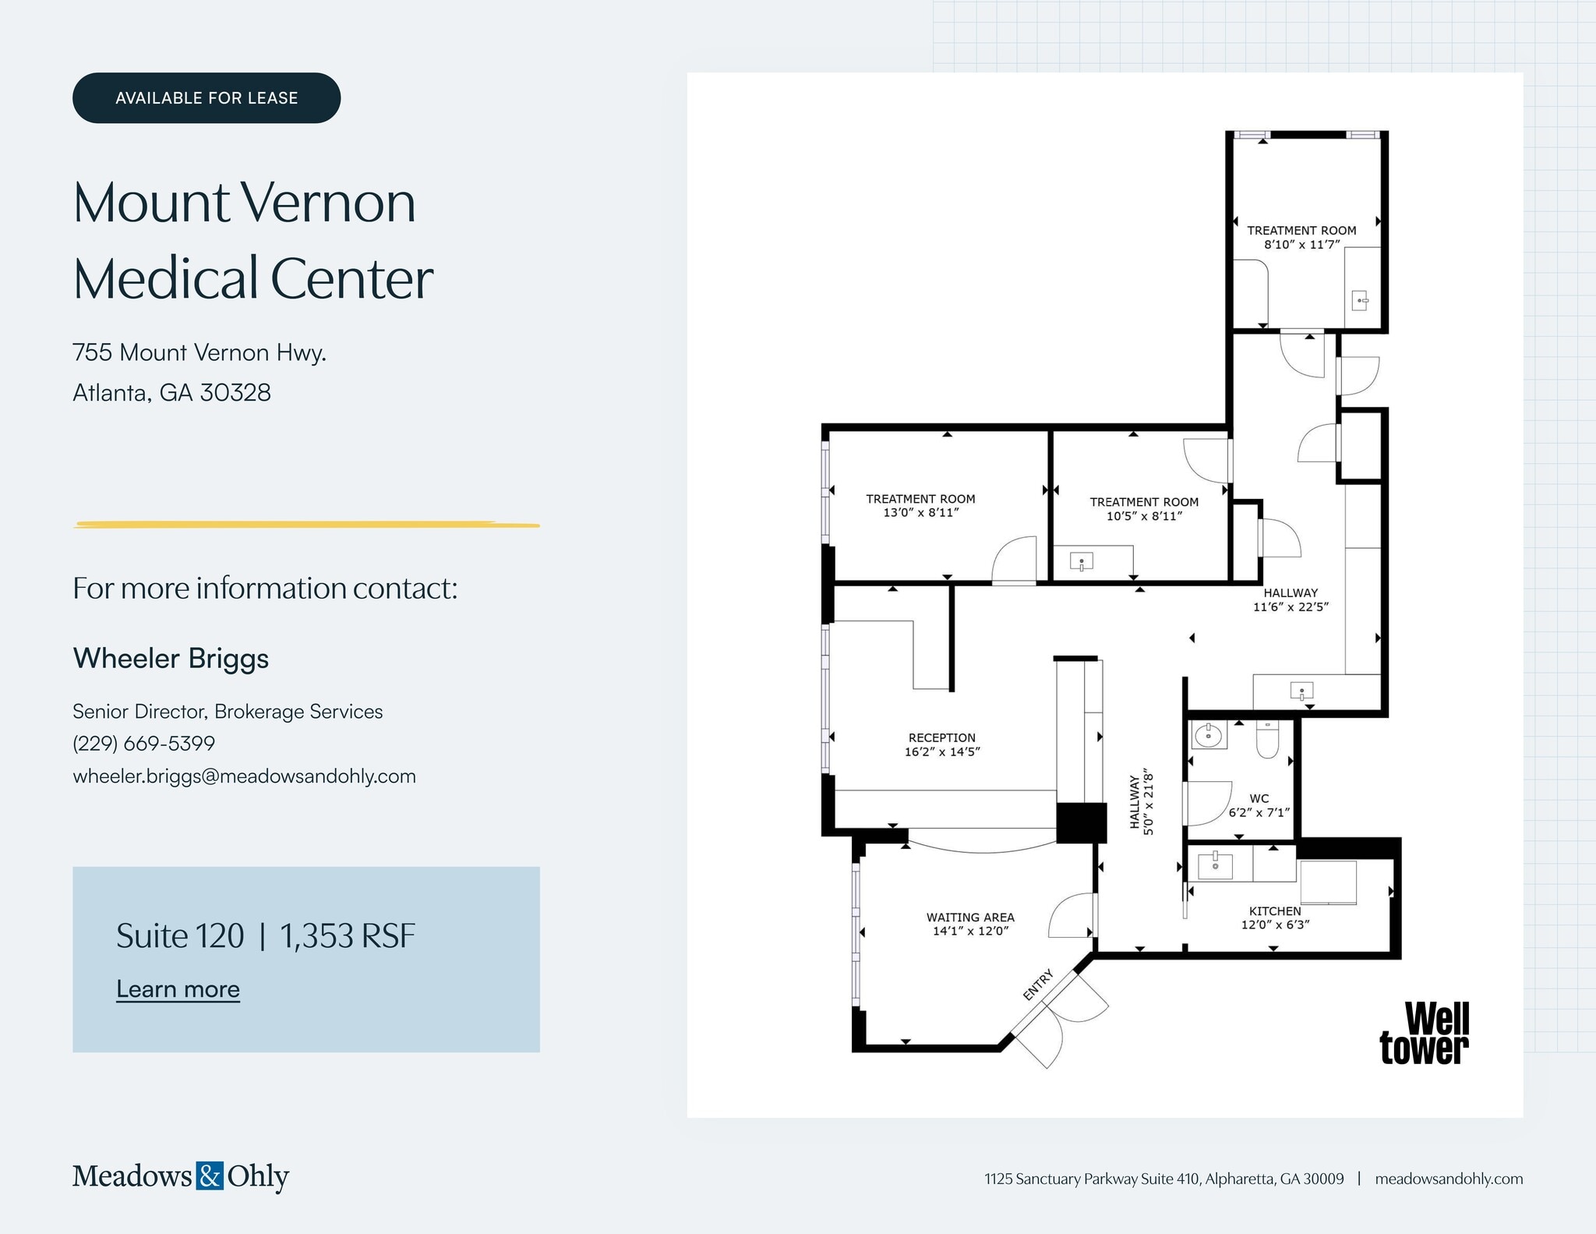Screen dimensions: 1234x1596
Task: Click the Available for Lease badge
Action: [x=207, y=98]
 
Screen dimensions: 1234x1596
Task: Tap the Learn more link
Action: [x=178, y=988]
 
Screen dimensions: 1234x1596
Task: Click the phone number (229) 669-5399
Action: [x=143, y=743]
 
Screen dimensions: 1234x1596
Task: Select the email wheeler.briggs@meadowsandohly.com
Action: [x=244, y=776]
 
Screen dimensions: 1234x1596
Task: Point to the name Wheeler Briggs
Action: [x=171, y=658]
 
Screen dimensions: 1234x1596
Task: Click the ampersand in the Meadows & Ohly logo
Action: [x=210, y=1175]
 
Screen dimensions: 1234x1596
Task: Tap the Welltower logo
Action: [x=1425, y=1034]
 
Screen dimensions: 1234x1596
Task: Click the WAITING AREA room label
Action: [x=970, y=918]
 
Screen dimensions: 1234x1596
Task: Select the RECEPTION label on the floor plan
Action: [x=941, y=737]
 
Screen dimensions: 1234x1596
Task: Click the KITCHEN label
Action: [x=1275, y=910]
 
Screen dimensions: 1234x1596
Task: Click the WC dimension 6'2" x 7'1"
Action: [x=1259, y=812]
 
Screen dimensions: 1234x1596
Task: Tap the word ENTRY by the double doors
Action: [x=1038, y=985]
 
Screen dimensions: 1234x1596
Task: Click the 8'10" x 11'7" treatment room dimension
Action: [x=1301, y=244]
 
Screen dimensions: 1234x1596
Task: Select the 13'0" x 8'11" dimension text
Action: [x=920, y=512]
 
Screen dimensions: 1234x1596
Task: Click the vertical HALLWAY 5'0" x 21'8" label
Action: [x=1142, y=802]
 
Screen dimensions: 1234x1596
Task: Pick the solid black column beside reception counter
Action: [x=1081, y=822]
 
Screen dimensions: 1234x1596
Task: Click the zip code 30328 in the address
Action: [x=235, y=392]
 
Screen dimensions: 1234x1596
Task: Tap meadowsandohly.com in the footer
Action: [x=1448, y=1179]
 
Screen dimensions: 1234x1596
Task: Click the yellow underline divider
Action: [x=306, y=525]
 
